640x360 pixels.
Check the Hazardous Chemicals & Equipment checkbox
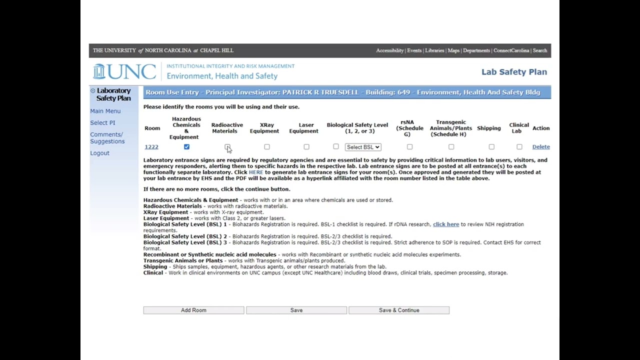pos(186,147)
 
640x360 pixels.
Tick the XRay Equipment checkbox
pos(267,147)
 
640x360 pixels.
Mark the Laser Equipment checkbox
pos(306,147)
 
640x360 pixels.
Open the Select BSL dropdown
pos(363,147)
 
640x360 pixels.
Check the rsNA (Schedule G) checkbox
pos(409,147)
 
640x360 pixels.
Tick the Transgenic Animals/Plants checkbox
pos(451,147)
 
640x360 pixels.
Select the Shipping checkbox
pos(491,147)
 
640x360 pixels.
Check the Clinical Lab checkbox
pos(519,147)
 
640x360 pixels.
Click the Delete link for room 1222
pos(541,147)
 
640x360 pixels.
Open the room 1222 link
pos(151,147)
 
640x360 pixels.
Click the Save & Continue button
pos(399,310)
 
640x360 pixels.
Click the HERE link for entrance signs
pos(255,172)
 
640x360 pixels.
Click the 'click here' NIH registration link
pos(446,224)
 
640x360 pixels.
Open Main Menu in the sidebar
pos(105,111)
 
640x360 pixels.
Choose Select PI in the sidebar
pos(102,123)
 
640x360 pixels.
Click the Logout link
pos(99,153)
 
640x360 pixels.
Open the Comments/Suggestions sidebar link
pos(107,138)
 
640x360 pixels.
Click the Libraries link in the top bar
pos(434,50)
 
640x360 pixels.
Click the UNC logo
pos(124,71)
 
